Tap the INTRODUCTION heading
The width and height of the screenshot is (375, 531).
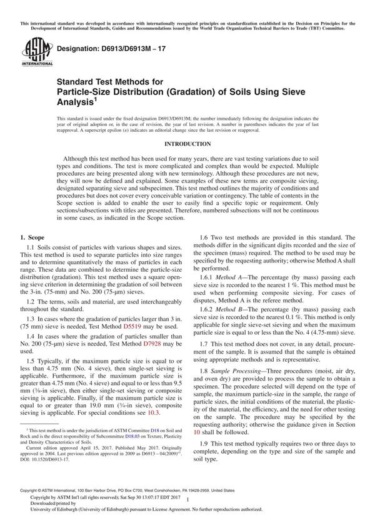pos(187,142)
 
